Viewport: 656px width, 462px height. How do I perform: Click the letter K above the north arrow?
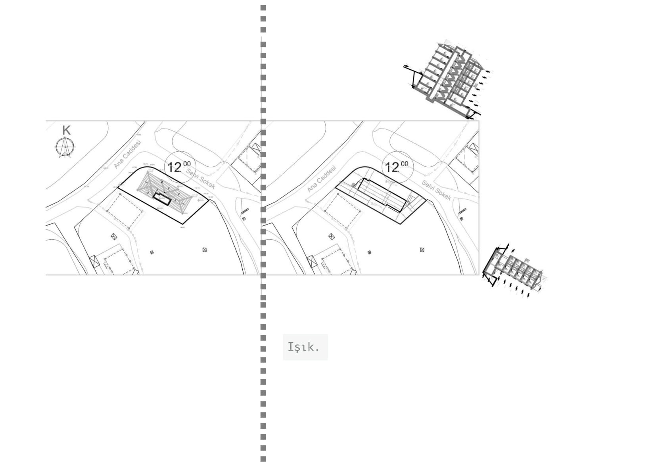click(x=66, y=130)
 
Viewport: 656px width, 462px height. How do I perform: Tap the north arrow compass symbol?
click(x=65, y=147)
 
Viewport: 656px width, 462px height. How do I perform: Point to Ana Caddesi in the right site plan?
click(x=322, y=179)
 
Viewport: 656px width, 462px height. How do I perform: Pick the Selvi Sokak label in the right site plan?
click(x=436, y=190)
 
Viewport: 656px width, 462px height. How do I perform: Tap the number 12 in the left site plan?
click(x=175, y=167)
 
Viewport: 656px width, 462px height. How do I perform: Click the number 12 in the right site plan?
click(x=392, y=167)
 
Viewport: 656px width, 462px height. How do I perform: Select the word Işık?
click(x=303, y=347)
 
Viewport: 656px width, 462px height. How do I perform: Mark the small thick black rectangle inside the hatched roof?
click(x=162, y=199)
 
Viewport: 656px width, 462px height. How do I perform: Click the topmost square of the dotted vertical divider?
click(x=263, y=8)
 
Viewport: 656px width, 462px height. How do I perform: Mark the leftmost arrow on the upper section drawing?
click(x=406, y=66)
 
